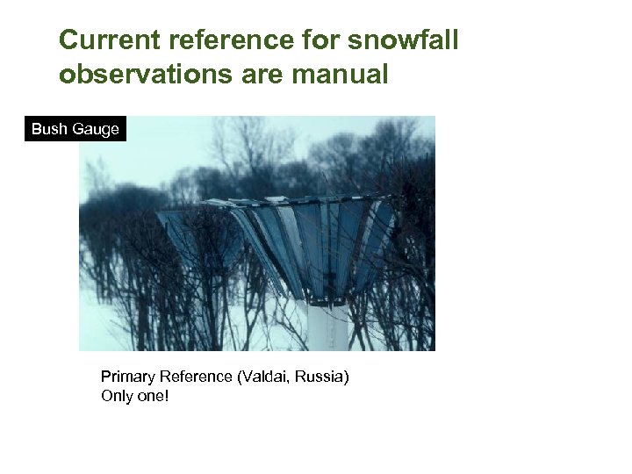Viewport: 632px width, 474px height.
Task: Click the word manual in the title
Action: pos(340,75)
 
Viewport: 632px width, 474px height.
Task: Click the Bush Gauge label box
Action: pos(75,129)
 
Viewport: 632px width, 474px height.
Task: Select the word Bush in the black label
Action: pos(49,129)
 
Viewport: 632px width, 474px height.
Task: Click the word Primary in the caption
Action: pos(127,377)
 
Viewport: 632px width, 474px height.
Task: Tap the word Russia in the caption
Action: pos(322,377)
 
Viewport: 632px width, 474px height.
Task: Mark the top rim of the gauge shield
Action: pos(290,201)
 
